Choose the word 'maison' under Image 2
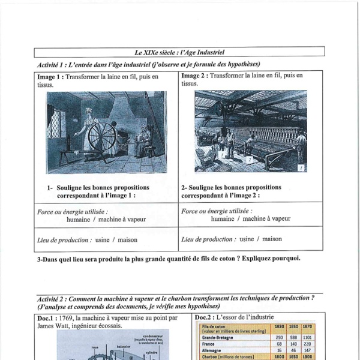pos(272,239)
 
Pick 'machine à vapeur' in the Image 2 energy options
pos(266,219)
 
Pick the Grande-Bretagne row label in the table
pos(219,338)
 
